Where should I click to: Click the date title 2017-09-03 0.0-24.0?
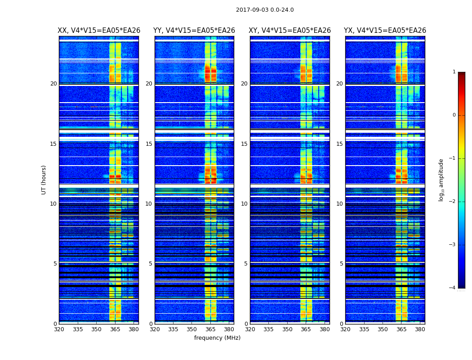265,10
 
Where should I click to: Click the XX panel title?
99,31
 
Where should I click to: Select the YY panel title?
194,31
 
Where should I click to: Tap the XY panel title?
289,31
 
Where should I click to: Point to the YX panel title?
385,31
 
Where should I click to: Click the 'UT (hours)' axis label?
44,180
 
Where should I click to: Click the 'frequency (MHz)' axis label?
217,338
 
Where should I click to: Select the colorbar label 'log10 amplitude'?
441,180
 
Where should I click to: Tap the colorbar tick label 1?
454,72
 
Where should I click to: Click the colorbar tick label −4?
453,288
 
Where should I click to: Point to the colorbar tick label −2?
453,202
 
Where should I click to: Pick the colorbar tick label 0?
454,115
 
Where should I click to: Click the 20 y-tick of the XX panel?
53,84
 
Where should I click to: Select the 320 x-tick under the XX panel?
59,329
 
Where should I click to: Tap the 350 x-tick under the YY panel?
192,329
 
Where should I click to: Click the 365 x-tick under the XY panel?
306,329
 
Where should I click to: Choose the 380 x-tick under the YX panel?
420,329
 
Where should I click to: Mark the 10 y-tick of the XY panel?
244,204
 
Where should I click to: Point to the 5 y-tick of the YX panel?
341,264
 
